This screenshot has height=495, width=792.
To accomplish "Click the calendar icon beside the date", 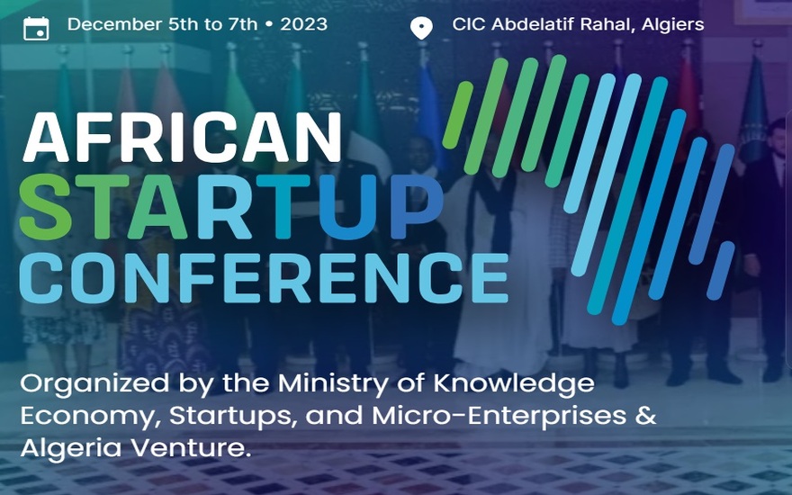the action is coord(36,28).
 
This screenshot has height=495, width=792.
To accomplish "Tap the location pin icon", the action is coord(421,28).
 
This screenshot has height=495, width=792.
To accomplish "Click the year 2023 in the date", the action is coord(303,24).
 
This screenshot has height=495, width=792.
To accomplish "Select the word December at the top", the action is coord(114,24).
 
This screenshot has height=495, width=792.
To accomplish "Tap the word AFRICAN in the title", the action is coord(182,137).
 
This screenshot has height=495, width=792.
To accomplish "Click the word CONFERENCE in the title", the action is coord(264,278).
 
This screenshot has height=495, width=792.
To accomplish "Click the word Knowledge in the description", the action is coord(514,383).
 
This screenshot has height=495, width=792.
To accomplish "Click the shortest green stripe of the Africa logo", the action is coord(458,115).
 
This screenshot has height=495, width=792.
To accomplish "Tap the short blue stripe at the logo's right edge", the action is coord(720,271).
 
